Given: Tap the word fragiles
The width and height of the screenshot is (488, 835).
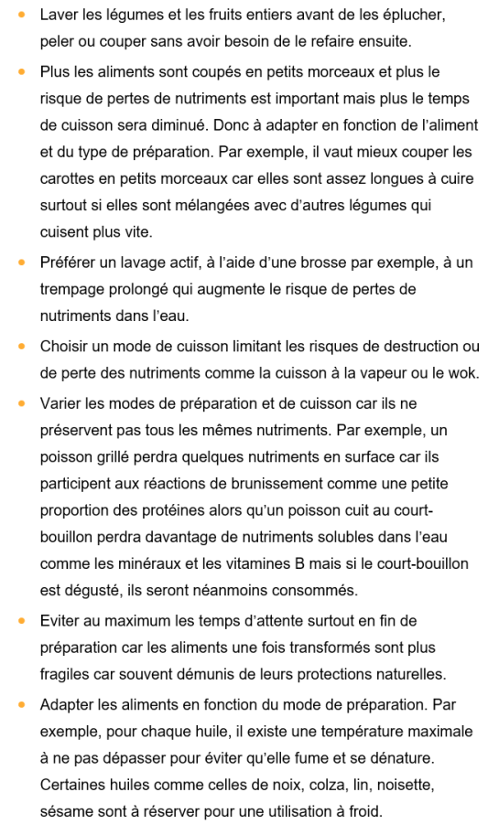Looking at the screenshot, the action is pyautogui.click(x=69, y=674).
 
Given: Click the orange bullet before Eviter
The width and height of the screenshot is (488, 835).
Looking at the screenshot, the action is pyautogui.click(x=21, y=621).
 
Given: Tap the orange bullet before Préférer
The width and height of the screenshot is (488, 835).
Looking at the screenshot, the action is pyautogui.click(x=21, y=262).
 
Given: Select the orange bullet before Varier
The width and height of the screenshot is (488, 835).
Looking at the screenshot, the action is pyautogui.click(x=21, y=403).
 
